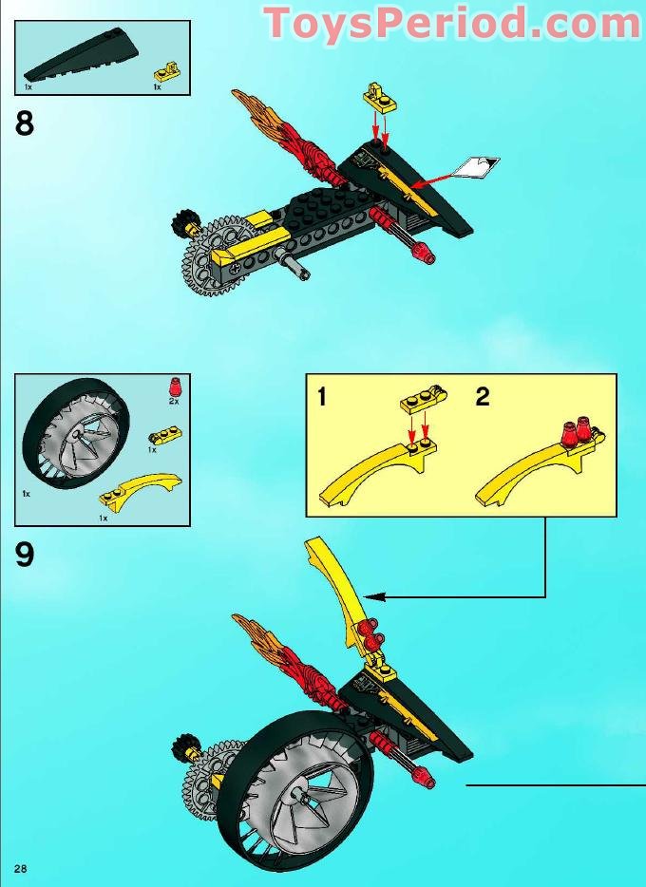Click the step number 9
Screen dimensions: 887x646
[x=26, y=554]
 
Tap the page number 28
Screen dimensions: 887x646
[x=20, y=868]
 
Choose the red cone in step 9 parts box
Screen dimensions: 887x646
[x=173, y=387]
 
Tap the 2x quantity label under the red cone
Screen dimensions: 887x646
[x=173, y=402]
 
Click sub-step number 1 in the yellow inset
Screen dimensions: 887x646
[x=322, y=397]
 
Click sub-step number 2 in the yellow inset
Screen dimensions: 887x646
[x=483, y=397]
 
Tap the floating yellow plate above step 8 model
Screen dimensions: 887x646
[x=378, y=96]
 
